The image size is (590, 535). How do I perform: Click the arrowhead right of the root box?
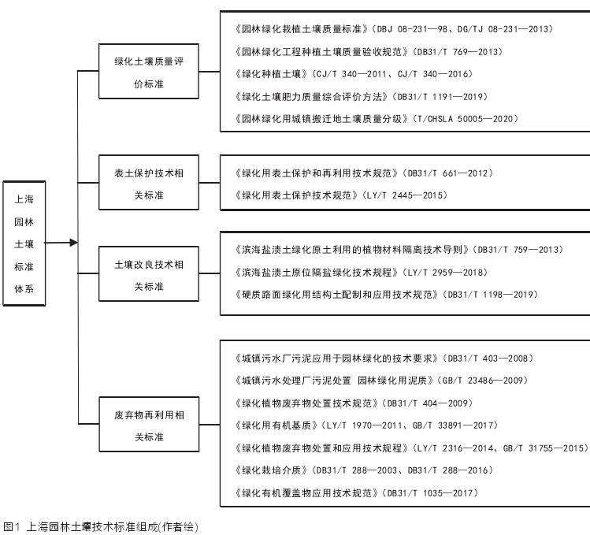coord(73,243)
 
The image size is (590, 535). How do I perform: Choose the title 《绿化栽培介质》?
coord(270,470)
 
